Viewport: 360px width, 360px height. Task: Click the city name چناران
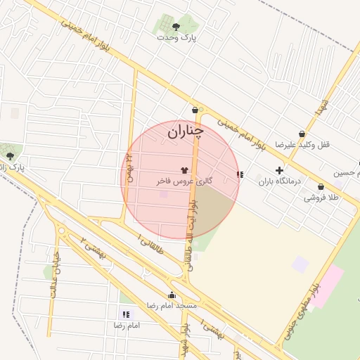pyautogui.click(x=186, y=131)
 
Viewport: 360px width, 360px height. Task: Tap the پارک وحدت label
pyautogui.click(x=176, y=39)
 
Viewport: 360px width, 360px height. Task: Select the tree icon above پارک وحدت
pyautogui.click(x=176, y=27)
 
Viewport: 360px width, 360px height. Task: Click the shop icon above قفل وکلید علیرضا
pyautogui.click(x=302, y=134)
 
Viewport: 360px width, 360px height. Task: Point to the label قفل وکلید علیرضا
pyautogui.click(x=302, y=145)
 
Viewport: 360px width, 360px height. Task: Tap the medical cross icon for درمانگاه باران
pyautogui.click(x=280, y=170)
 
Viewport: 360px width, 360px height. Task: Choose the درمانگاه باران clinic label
pyautogui.click(x=280, y=181)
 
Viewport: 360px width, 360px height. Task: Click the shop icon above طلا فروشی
pyautogui.click(x=321, y=187)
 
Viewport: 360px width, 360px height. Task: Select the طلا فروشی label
pyautogui.click(x=321, y=198)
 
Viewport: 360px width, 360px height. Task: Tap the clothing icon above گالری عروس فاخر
pyautogui.click(x=184, y=170)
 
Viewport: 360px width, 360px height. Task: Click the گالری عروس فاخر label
pyautogui.click(x=184, y=181)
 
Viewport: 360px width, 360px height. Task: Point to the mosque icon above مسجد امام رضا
pyautogui.click(x=172, y=295)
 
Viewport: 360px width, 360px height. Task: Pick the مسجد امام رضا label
pyautogui.click(x=172, y=307)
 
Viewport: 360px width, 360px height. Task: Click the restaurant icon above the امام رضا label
pyautogui.click(x=126, y=314)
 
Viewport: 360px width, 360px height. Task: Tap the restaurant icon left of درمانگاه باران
pyautogui.click(x=240, y=174)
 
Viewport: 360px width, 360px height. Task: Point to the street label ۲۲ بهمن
pyautogui.click(x=129, y=169)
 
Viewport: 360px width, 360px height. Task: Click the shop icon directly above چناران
pyautogui.click(x=195, y=110)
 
